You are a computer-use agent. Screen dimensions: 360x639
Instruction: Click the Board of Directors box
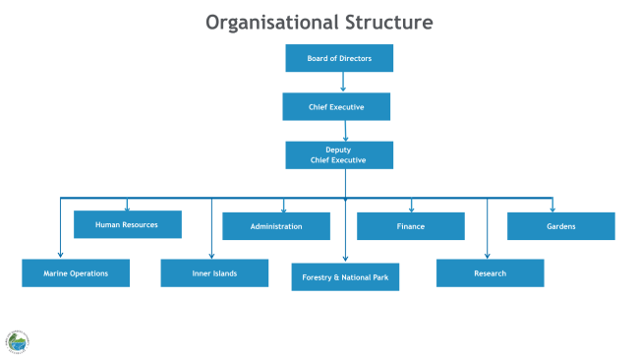coord(339,58)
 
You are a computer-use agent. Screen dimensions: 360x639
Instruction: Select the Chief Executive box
coord(336,106)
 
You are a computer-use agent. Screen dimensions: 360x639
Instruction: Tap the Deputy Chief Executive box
coord(339,155)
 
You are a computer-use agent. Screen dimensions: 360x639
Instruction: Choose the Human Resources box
coord(128,224)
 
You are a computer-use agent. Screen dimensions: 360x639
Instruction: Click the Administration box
coord(276,226)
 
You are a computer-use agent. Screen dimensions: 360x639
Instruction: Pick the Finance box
coord(410,226)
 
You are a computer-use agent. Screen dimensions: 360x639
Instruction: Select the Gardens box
coord(560,226)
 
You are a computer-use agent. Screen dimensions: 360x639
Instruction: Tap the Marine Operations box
coord(76,272)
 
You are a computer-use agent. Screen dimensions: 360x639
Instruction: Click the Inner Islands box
coord(214,272)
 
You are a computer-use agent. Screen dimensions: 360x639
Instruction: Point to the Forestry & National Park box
coord(345,277)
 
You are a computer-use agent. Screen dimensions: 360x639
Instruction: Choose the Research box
coord(490,272)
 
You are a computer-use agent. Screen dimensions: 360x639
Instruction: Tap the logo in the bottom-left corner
coord(17,341)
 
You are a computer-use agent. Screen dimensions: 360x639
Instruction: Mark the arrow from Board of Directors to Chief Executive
coord(343,83)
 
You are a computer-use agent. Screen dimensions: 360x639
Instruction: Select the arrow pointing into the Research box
coord(488,236)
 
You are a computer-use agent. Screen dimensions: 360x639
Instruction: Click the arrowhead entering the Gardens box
coord(552,209)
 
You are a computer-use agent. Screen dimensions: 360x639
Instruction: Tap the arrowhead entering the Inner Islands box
coord(211,255)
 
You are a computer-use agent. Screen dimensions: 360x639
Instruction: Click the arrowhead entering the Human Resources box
coord(127,208)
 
